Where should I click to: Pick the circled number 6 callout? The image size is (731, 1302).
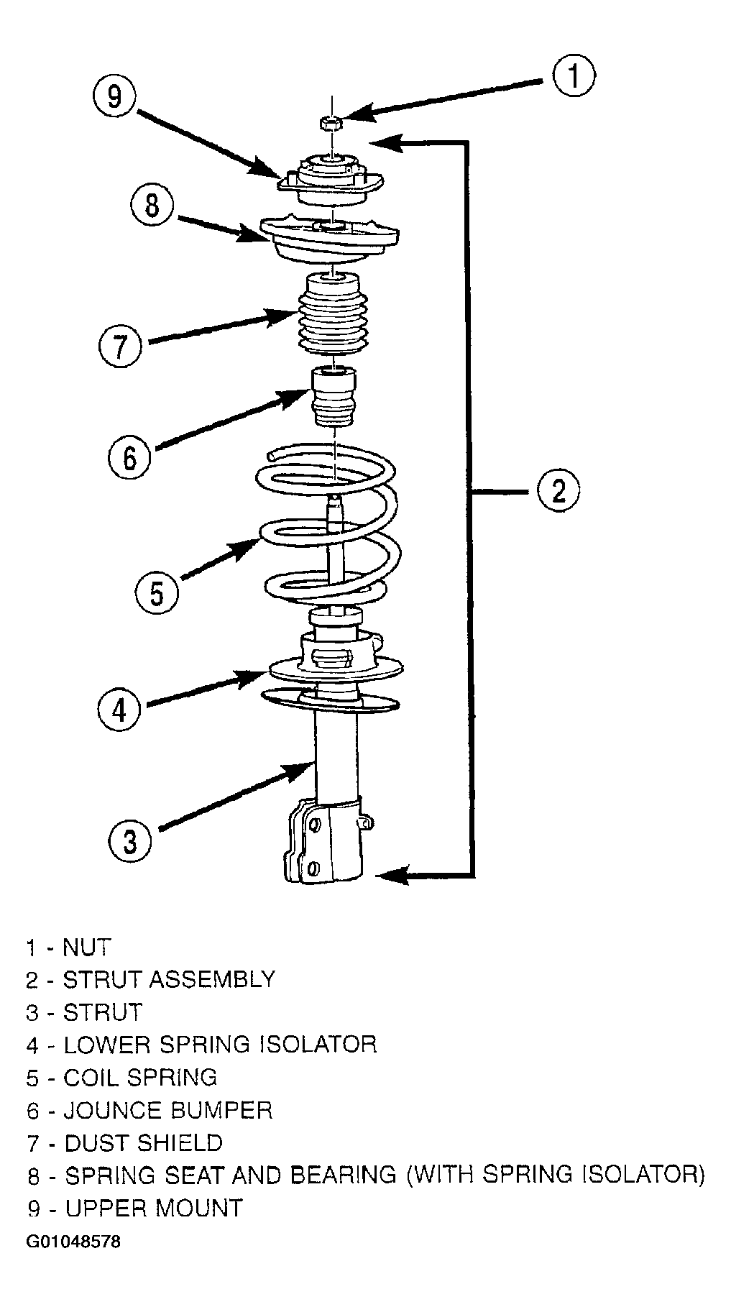130,456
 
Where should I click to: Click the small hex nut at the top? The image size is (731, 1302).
331,122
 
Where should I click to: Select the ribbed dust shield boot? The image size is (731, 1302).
332,314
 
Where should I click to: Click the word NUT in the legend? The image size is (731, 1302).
87,947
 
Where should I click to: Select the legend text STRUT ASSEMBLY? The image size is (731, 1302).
169,979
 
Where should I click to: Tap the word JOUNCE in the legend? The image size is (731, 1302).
114,1111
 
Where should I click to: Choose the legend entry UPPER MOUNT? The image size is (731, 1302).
154,1209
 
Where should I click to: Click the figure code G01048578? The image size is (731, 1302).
73,1242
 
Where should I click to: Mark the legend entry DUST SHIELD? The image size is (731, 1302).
143,1143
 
